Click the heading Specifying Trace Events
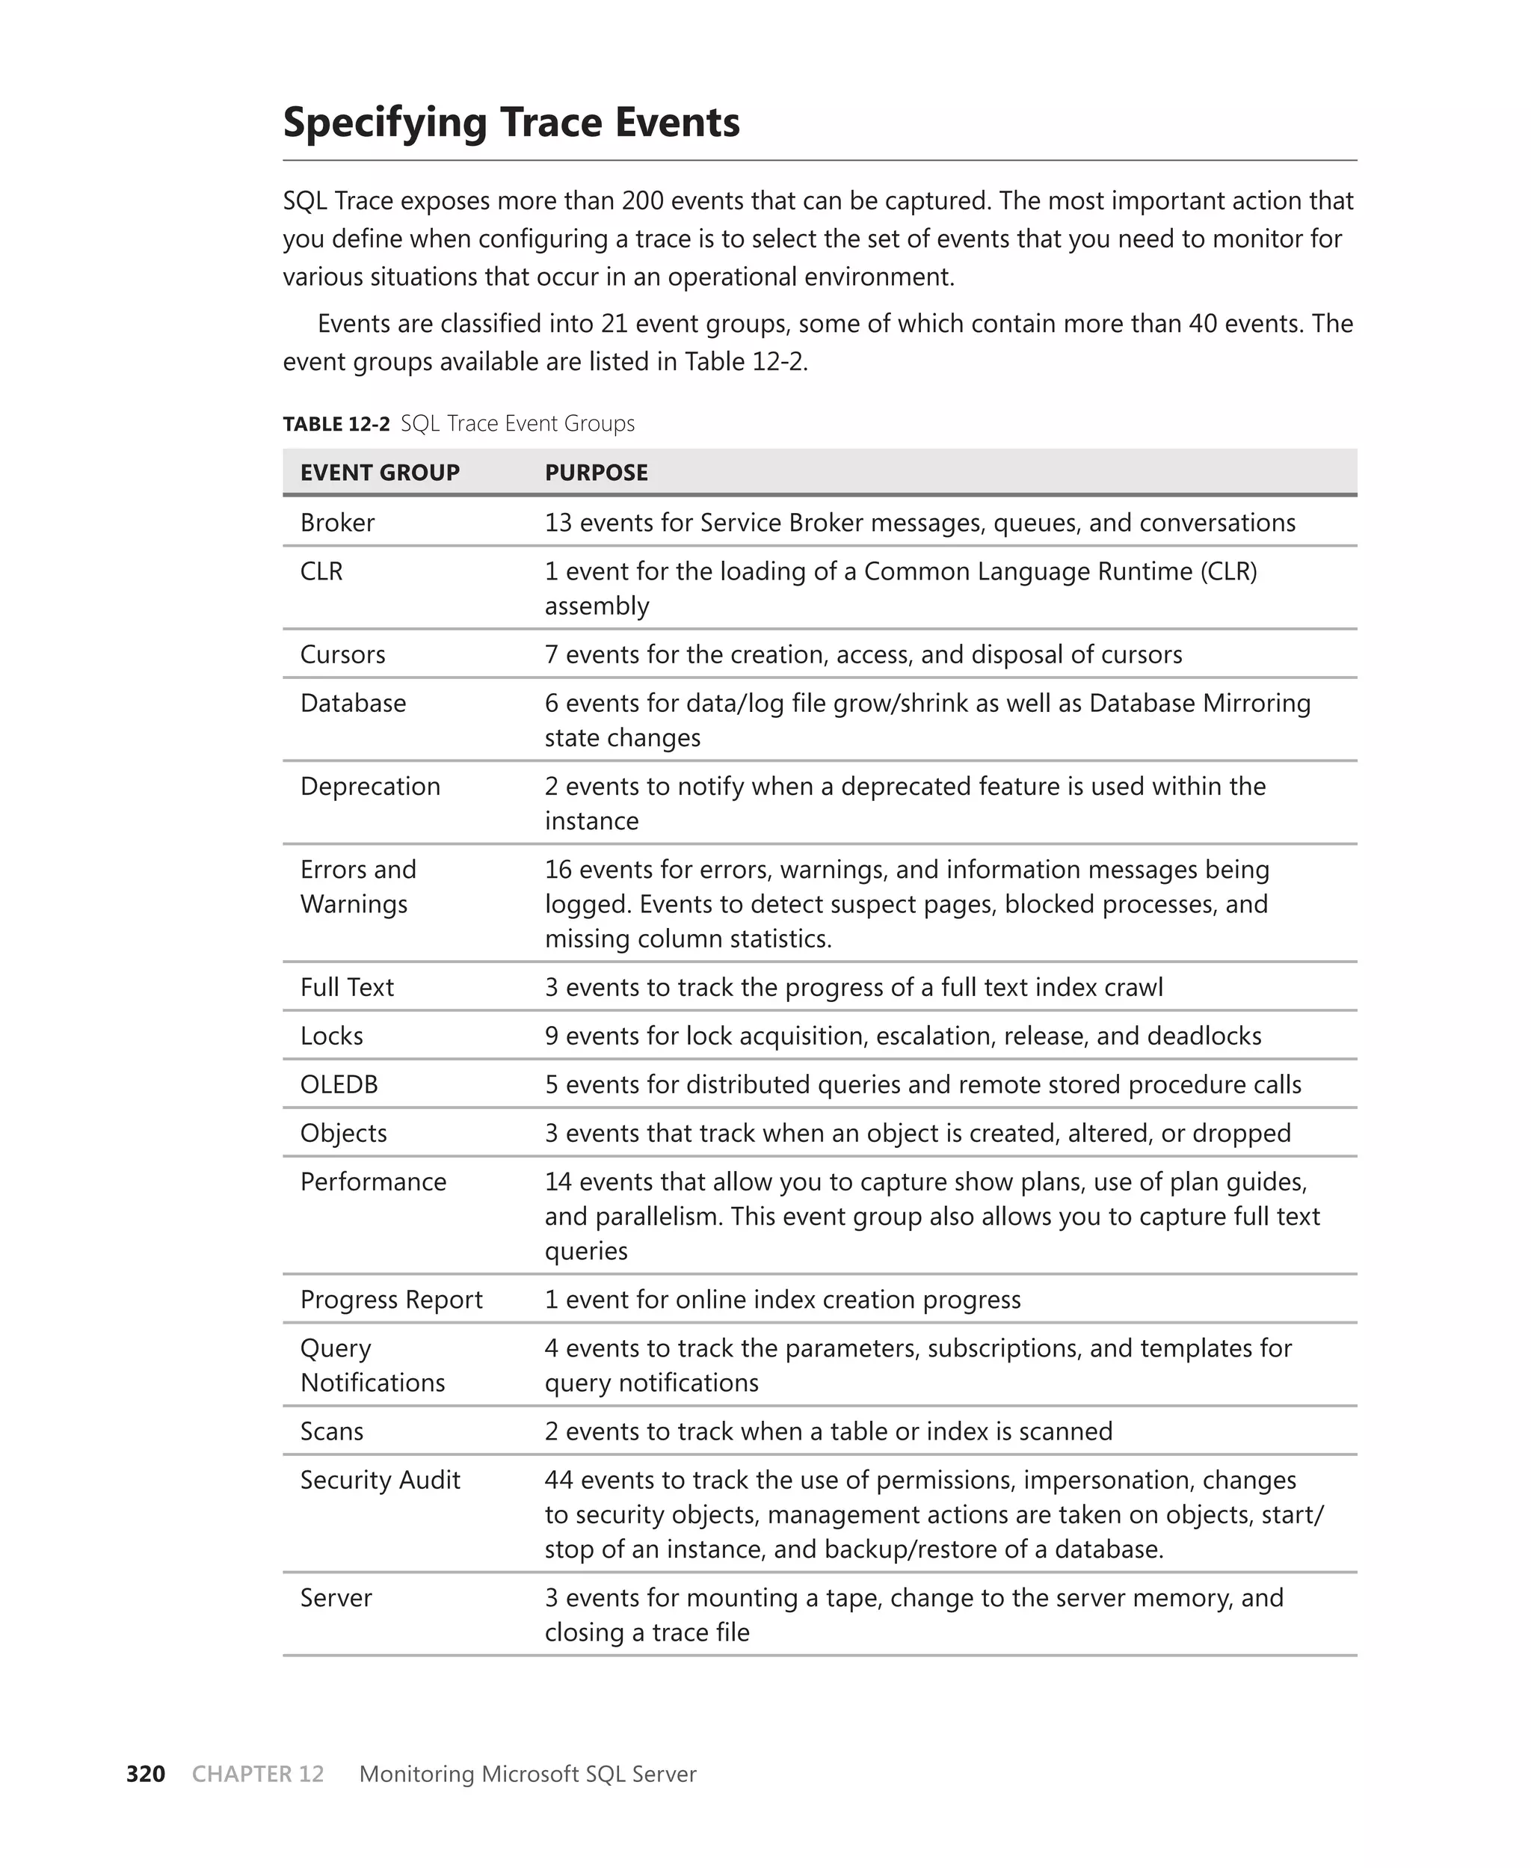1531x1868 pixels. pos(511,123)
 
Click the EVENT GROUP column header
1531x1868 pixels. pos(379,473)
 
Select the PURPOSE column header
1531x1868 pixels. pos(595,473)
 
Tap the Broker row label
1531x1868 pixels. pos(337,523)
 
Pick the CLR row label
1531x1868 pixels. pos(321,571)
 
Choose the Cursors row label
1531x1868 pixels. pos(342,654)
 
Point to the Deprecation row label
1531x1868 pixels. pos(369,786)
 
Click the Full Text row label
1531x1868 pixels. pos(347,987)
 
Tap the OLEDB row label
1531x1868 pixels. pos(339,1084)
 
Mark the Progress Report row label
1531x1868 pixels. pos(391,1299)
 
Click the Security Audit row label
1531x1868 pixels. pos(379,1480)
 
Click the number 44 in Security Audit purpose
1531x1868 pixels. pos(558,1480)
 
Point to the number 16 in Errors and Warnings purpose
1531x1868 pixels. pos(558,870)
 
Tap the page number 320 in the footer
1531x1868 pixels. pos(146,1774)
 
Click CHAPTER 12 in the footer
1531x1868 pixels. pos(257,1774)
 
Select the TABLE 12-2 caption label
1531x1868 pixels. pos(335,424)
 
